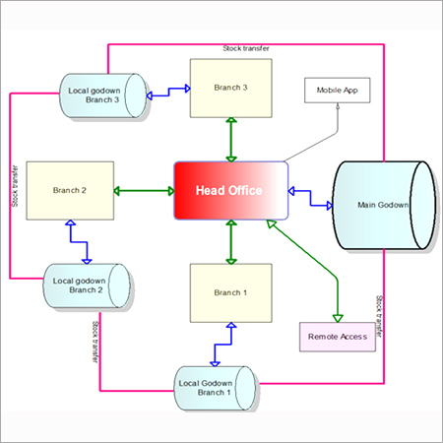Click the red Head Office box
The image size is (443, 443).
point(231,190)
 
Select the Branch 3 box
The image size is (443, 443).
point(231,88)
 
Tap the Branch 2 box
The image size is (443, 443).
point(70,190)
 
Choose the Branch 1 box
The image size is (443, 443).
point(231,293)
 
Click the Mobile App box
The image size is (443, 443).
point(338,91)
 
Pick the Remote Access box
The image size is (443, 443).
point(338,337)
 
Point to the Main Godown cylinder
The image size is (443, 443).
point(384,205)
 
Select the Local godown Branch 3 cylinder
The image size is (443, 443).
point(103,95)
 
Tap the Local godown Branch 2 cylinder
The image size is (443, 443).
point(87,285)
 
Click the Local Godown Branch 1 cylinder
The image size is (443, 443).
point(215,388)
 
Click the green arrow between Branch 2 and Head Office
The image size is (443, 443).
point(144,191)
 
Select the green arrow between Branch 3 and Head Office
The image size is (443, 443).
point(231,140)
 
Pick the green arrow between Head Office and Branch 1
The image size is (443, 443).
point(231,242)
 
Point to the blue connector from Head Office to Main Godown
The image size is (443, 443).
point(310,198)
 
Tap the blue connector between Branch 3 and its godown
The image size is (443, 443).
point(168,92)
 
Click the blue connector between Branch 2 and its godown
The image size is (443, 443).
point(79,242)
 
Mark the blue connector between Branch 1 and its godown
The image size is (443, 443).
point(223,345)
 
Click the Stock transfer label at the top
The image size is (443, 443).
point(246,48)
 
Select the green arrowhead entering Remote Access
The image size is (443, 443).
point(338,318)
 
